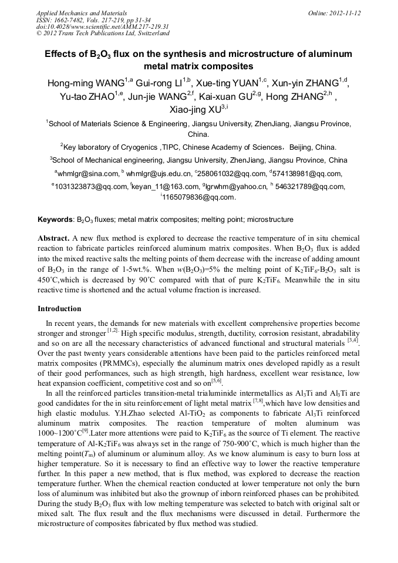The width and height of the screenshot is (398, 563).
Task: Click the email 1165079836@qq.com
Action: click(x=198, y=197)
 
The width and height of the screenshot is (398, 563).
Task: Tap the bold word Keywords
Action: click(x=55, y=220)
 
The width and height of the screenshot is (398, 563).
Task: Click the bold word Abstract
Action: click(x=53, y=239)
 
